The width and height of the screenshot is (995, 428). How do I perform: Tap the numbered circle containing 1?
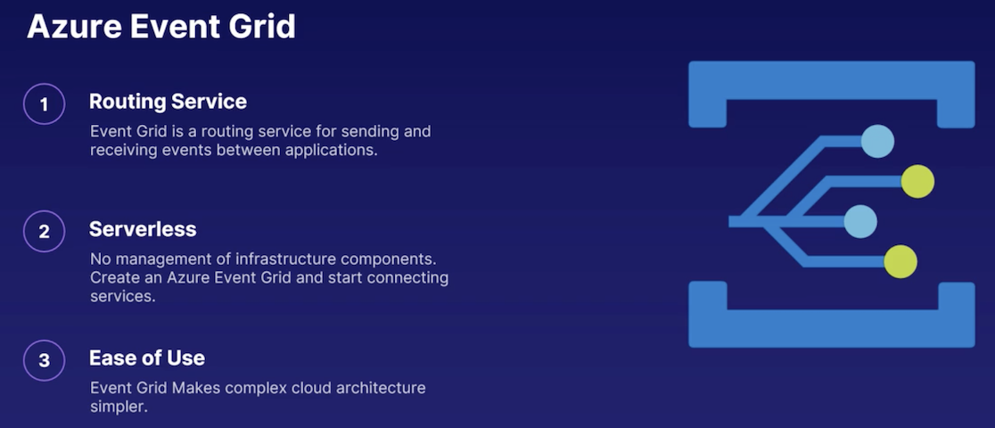45,103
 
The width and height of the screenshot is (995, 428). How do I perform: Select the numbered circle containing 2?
45,231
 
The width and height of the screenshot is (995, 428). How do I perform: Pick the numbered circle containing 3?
45,360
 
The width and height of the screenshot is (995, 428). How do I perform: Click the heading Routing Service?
168,102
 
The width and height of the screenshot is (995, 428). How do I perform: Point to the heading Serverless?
143,229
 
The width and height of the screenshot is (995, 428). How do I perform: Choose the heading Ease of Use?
147,358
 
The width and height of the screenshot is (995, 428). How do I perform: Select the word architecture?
381,387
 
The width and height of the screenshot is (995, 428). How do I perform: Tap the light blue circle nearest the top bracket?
877,141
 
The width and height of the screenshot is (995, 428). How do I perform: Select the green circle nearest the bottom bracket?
900,261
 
